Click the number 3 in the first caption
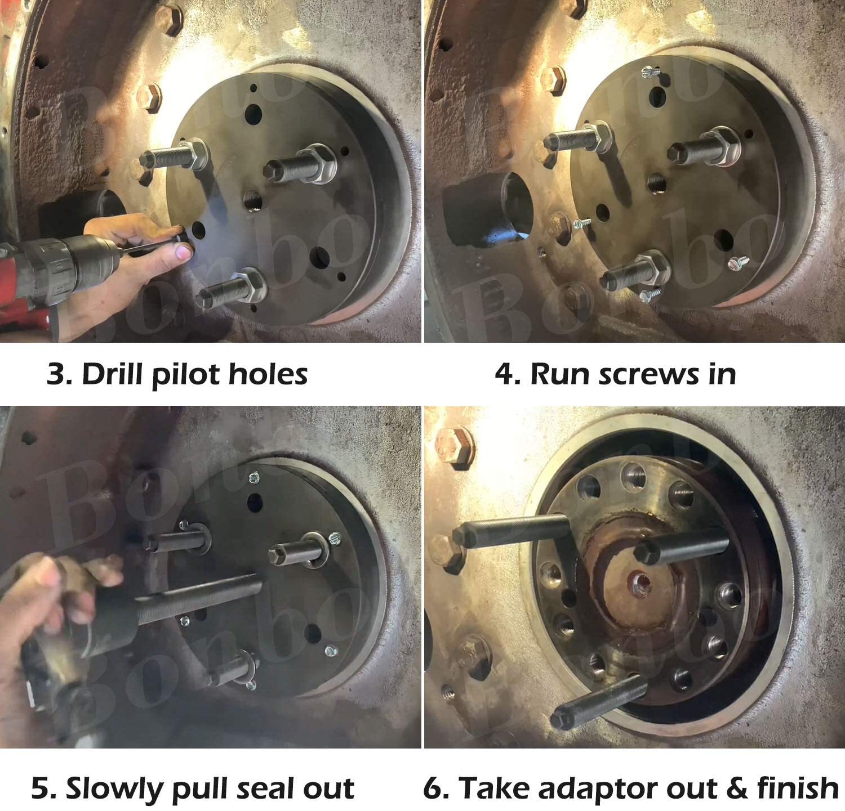click(56, 374)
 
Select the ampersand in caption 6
click(738, 788)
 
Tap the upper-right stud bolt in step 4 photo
click(705, 148)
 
